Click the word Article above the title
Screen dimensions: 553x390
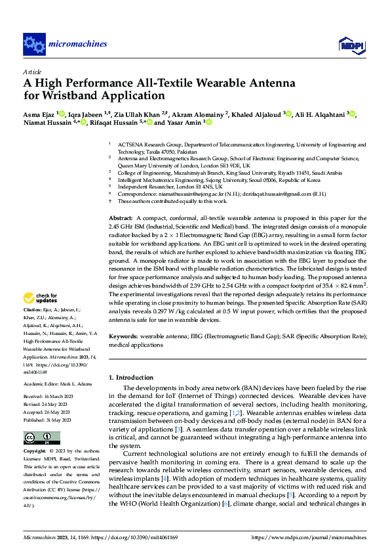pyautogui.click(x=31, y=72)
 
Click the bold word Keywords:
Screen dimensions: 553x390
pyautogui.click(x=123, y=336)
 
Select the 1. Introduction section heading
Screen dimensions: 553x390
pyautogui.click(x=130, y=378)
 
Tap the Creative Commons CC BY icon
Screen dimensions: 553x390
pyautogui.click(x=38, y=438)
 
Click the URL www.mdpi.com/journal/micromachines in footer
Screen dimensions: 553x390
pyautogui.click(x=314, y=537)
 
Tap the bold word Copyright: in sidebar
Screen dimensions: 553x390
pyautogui.click(x=35, y=452)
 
